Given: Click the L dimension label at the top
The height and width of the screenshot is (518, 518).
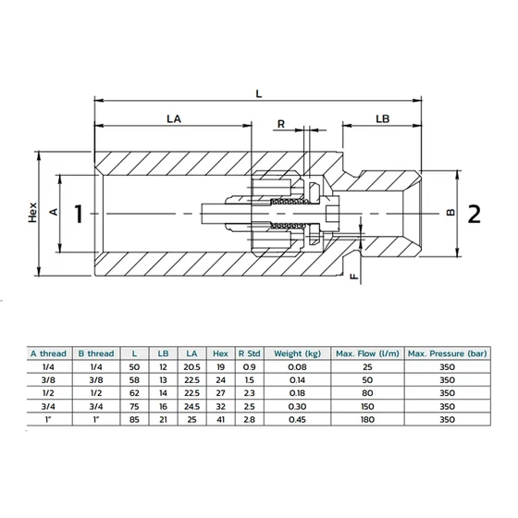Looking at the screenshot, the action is pos(259,93).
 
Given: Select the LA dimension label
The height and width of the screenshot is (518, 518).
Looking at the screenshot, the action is pos(174,119).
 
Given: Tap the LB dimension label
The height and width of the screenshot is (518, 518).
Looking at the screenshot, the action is pos(383,119).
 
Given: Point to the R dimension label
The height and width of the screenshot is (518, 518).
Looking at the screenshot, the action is pos(281,124).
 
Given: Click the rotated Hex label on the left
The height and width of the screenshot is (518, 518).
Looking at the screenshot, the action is pos(32,213).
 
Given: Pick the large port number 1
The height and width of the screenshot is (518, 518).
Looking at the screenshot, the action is pos(79,214).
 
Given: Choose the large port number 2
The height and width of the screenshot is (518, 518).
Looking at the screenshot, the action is pos(475,214).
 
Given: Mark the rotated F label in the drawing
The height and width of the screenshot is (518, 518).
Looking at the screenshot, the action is pos(354,277).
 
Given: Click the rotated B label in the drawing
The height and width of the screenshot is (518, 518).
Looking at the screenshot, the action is pos(451,213).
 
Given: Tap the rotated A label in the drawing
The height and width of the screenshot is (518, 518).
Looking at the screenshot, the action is pos(54,212).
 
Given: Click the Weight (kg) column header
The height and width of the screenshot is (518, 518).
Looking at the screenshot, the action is pos(297,353).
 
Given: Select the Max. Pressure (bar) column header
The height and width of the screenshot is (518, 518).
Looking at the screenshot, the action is pos(448,353).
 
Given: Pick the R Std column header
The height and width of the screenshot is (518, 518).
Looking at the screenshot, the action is pos(250,353).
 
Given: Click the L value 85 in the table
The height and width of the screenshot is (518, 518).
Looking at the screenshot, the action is pos(134,420).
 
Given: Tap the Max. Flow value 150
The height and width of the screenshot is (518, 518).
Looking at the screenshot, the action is pos(367,406).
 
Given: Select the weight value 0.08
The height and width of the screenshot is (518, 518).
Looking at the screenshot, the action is pos(297,367).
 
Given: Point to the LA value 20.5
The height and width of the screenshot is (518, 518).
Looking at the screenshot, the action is pos(192,367).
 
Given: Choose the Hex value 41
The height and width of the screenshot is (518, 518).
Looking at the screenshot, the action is pos(221,420).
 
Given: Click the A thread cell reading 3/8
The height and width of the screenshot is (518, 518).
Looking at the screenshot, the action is pos(48,380).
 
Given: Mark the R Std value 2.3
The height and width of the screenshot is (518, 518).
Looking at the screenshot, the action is pos(250,393).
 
